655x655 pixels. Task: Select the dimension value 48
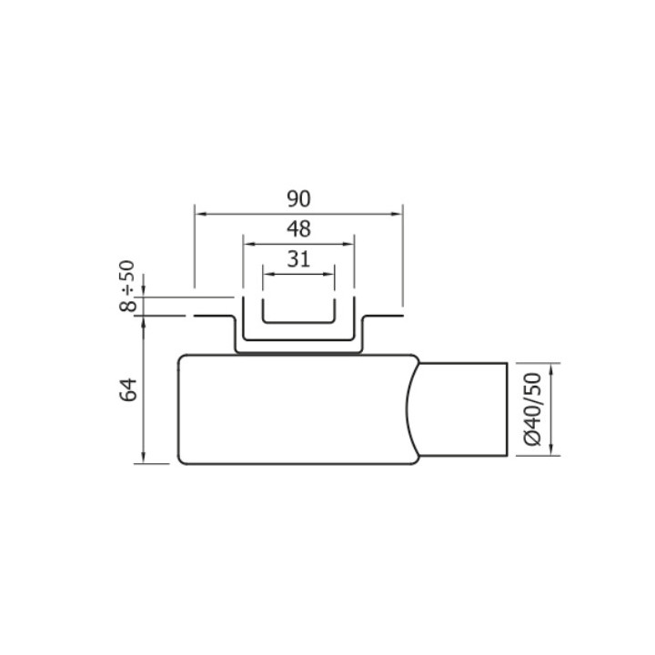(298, 228)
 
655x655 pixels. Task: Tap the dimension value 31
(298, 258)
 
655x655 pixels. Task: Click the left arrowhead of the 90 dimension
(199, 214)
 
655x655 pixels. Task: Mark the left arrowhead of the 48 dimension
(247, 243)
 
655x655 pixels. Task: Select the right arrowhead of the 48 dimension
(349, 243)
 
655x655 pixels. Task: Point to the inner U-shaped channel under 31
(298, 321)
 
